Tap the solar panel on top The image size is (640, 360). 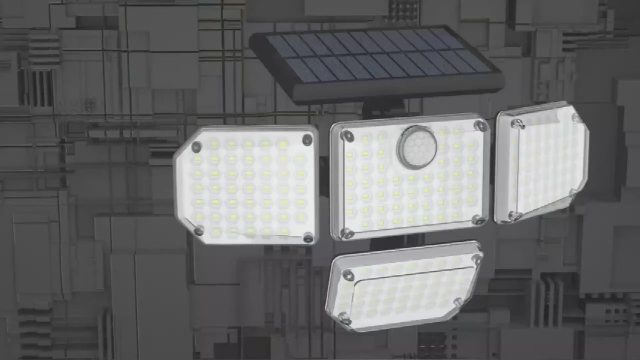[377, 55]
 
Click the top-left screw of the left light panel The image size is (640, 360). [197, 146]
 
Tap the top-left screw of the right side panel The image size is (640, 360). [517, 124]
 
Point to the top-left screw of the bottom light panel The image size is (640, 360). [348, 275]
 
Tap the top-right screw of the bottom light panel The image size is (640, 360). [476, 258]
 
